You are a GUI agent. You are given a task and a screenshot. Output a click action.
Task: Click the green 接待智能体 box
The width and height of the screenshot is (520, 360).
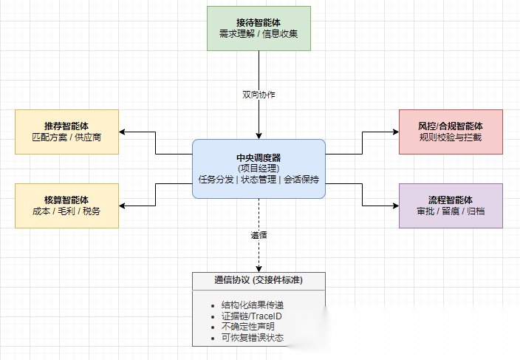click(x=259, y=27)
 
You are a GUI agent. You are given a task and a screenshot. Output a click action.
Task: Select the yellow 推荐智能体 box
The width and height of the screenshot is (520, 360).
click(x=66, y=132)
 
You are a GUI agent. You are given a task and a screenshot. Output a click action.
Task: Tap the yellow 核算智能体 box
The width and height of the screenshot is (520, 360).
click(x=66, y=206)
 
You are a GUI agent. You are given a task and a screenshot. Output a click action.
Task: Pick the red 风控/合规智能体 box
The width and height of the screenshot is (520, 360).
click(x=451, y=132)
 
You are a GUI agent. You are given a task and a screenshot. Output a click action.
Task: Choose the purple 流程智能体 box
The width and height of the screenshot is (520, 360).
click(x=451, y=206)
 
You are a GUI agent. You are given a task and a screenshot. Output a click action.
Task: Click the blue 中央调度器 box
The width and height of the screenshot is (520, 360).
click(x=259, y=169)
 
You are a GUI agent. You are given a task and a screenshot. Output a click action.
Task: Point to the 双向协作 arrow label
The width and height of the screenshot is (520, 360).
click(x=259, y=95)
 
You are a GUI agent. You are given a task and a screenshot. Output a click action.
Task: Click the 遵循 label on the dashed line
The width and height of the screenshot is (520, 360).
click(x=259, y=236)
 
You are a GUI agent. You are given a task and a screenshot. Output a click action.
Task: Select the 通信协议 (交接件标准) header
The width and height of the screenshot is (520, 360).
click(x=259, y=281)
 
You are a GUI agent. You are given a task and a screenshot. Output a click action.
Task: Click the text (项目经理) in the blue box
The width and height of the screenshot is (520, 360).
click(x=259, y=169)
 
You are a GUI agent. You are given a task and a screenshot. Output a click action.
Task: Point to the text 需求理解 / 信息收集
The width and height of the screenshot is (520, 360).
click(x=259, y=34)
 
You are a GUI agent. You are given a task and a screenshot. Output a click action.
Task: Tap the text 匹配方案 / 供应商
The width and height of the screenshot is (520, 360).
click(x=66, y=137)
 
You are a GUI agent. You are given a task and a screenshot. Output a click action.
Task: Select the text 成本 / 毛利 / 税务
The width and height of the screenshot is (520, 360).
click(x=66, y=211)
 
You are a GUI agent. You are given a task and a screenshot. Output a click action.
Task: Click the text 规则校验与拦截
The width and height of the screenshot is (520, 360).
click(x=451, y=137)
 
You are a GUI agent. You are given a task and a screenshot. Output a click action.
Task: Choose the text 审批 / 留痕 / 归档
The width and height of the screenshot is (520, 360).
click(x=451, y=211)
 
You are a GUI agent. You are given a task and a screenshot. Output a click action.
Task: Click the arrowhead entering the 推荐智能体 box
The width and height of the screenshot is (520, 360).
click(x=123, y=132)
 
